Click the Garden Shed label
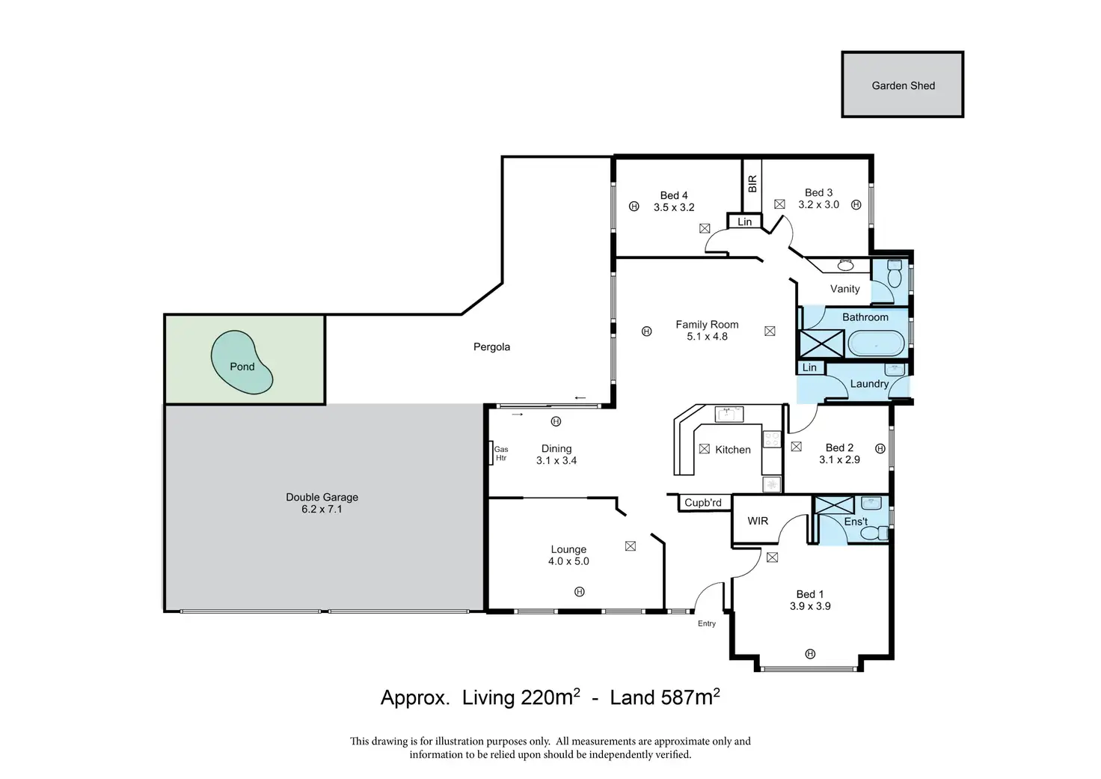(x=903, y=85)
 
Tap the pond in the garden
(x=242, y=362)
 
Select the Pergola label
(x=491, y=346)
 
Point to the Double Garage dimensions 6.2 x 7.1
(x=322, y=509)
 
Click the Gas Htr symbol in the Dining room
(x=491, y=453)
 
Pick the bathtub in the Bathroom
(x=877, y=343)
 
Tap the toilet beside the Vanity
(x=895, y=273)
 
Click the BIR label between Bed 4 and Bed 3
(x=752, y=183)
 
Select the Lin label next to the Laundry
(x=809, y=367)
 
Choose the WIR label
(x=758, y=521)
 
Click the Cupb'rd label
(x=703, y=503)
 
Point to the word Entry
(x=706, y=623)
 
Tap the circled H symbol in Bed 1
(x=810, y=653)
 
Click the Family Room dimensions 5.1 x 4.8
(x=707, y=337)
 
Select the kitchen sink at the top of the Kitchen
(x=729, y=414)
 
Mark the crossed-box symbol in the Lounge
(x=630, y=546)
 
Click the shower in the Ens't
(x=834, y=505)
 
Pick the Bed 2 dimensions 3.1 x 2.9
(x=839, y=459)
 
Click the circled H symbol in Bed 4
(x=634, y=207)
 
